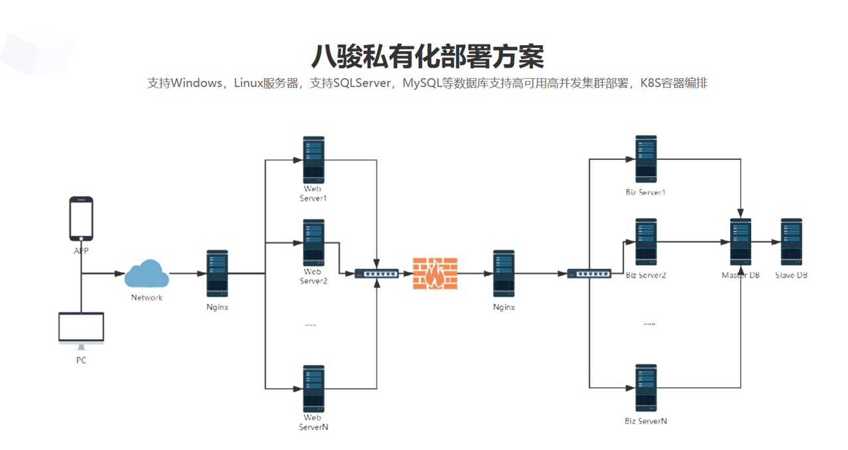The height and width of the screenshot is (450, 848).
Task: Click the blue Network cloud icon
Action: pyautogui.click(x=147, y=274)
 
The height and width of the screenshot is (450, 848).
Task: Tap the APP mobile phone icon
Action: pyautogui.click(x=81, y=219)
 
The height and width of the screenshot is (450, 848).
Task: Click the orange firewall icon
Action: pyautogui.click(x=435, y=273)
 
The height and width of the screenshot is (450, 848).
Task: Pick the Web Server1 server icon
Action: pyautogui.click(x=314, y=160)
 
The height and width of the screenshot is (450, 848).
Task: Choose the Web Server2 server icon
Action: pyautogui.click(x=314, y=242)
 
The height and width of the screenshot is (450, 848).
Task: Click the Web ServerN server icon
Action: pyautogui.click(x=314, y=388)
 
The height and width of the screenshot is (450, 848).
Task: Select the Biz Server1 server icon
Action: pyautogui.click(x=646, y=159)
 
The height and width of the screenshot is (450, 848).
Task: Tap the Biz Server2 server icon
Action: pyautogui.click(x=646, y=242)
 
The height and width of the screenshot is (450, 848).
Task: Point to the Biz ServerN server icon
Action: pyautogui.click(x=646, y=388)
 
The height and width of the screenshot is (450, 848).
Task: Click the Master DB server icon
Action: pyautogui.click(x=741, y=242)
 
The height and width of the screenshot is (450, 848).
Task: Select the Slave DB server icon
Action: pyautogui.click(x=791, y=242)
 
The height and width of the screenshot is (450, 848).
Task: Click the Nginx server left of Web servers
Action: pyautogui.click(x=217, y=273)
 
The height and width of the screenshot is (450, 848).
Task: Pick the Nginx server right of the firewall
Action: pyautogui.click(x=504, y=273)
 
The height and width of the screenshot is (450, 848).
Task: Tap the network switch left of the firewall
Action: pyautogui.click(x=377, y=273)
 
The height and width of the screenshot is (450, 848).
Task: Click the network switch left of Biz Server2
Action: pyautogui.click(x=589, y=273)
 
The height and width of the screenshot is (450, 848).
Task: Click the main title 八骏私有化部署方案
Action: pyautogui.click(x=427, y=56)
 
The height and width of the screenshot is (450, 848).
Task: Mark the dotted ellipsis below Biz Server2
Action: pyautogui.click(x=649, y=324)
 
